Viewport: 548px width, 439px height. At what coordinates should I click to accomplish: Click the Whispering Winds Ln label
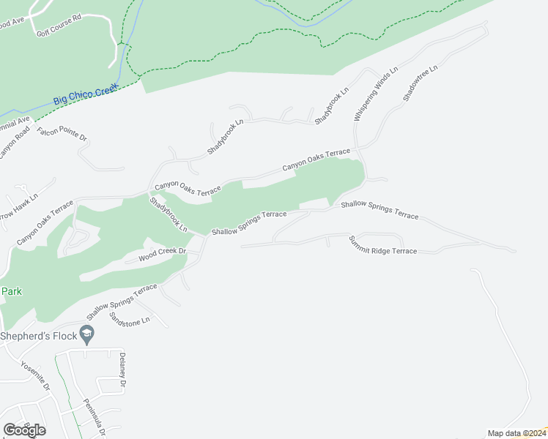coord(375,94)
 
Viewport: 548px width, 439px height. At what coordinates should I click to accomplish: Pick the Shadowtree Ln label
coord(419,83)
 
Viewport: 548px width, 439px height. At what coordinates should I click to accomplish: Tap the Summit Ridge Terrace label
coord(382,246)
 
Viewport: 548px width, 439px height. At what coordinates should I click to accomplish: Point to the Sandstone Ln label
coord(129,320)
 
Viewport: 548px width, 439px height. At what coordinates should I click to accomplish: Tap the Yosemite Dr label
coord(34,375)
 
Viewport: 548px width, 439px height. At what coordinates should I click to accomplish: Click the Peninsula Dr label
coord(95,415)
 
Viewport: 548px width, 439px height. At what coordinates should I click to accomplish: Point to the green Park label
coord(11,291)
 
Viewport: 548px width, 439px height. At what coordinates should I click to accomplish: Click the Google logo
coord(24,429)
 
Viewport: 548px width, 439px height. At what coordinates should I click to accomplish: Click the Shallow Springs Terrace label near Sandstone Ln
coord(122,301)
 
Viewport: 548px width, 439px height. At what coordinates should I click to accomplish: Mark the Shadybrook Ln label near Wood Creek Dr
coord(169,215)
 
